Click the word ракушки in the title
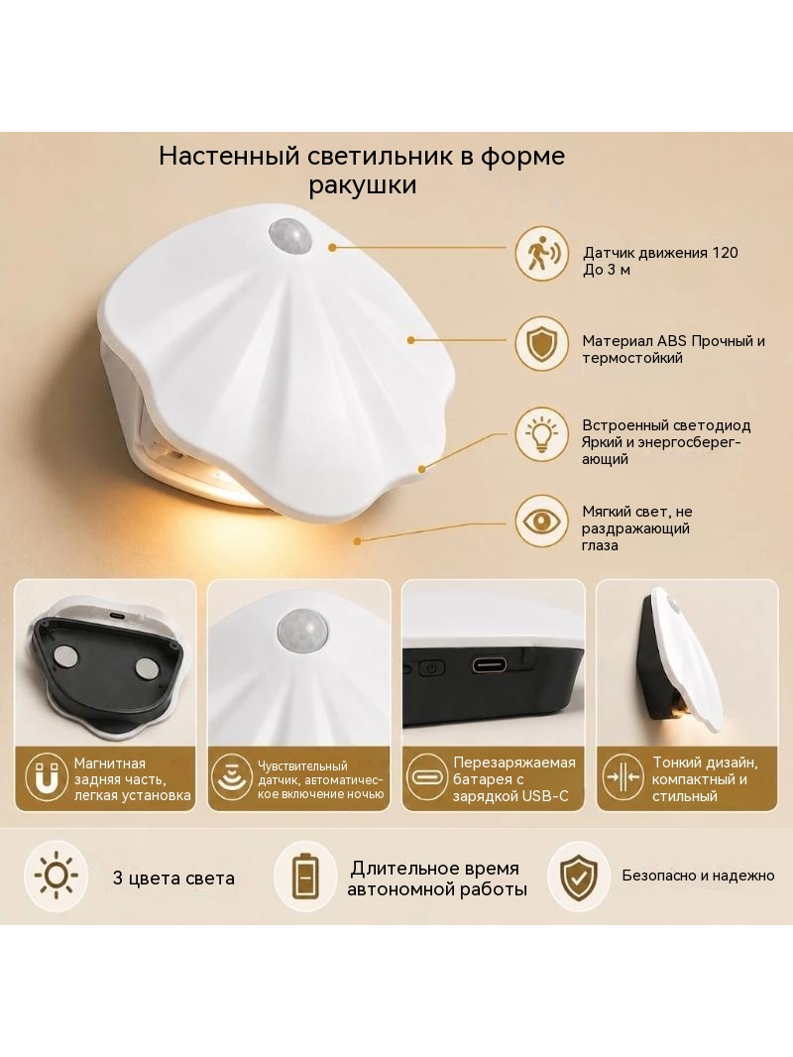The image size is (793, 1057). (x=363, y=184)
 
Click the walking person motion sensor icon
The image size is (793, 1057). (x=541, y=254)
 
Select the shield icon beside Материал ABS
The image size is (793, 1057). (x=541, y=343)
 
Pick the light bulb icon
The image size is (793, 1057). (x=541, y=433)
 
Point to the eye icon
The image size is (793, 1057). (x=541, y=522)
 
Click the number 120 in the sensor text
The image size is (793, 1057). (x=725, y=253)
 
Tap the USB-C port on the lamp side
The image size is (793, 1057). (x=497, y=665)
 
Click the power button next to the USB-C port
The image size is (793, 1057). (x=432, y=669)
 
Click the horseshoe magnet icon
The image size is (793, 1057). (x=47, y=777)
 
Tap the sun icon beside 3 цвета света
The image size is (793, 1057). (x=56, y=877)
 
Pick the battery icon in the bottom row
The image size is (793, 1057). (x=306, y=877)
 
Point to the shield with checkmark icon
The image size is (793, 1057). (x=577, y=877)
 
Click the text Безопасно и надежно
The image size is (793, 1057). (x=698, y=876)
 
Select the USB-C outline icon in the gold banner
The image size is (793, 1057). (x=427, y=777)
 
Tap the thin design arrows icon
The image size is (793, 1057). (x=623, y=777)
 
